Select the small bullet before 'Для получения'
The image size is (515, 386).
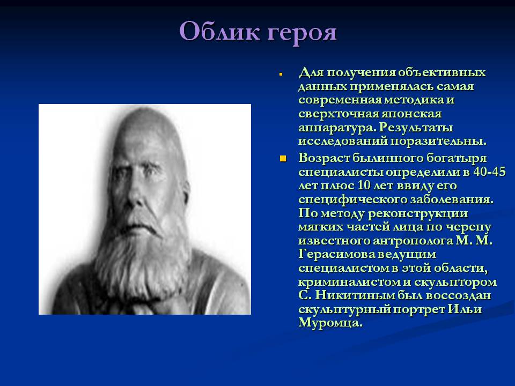click(x=281, y=75)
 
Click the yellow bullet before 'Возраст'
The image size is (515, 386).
click(x=283, y=159)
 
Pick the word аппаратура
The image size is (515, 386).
click(x=337, y=128)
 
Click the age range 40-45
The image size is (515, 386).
click(x=489, y=172)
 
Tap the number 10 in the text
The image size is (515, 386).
click(x=364, y=185)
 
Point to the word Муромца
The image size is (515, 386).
click(x=330, y=323)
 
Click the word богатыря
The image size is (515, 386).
click(x=456, y=158)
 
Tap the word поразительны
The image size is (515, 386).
click(x=438, y=142)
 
